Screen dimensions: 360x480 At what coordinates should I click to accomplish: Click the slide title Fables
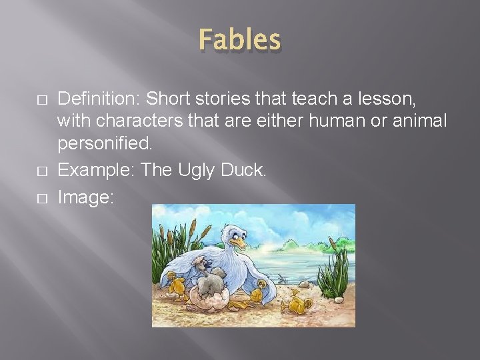[239, 40]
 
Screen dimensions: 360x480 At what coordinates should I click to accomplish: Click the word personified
[104, 143]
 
